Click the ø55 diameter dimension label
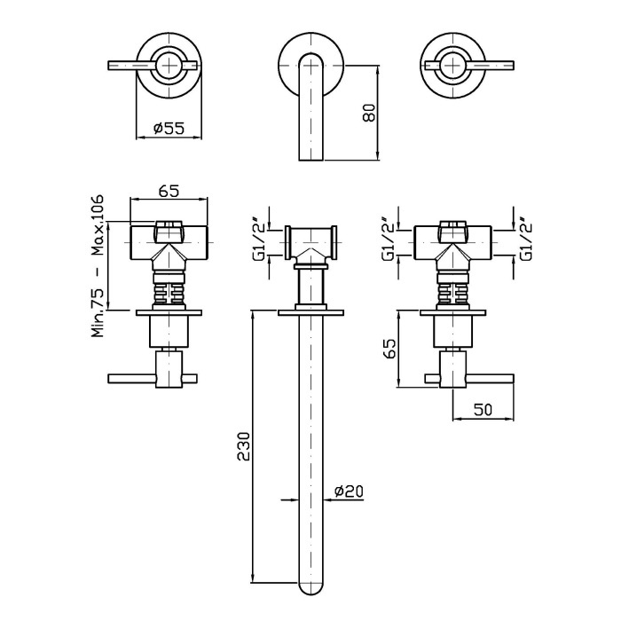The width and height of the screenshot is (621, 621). coord(169,128)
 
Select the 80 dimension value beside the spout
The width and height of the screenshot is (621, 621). coord(369,113)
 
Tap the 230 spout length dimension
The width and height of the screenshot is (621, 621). coord(244,446)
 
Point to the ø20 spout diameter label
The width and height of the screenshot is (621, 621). coord(349,491)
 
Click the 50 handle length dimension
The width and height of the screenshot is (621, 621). coord(483,410)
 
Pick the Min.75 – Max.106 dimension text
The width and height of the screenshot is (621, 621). coord(98,265)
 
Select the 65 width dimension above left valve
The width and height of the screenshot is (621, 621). coord(169,191)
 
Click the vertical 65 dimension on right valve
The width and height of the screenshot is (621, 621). coord(390,348)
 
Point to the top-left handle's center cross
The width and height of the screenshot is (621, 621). coord(169,66)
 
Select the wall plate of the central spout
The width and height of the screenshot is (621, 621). coord(310,313)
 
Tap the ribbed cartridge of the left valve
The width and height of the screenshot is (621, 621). coord(169,292)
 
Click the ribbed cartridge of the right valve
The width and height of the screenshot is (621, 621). coord(452,292)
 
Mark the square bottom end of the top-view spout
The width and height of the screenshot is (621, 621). coord(311,159)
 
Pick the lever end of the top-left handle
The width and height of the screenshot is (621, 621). coord(113,66)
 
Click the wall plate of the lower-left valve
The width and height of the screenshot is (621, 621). coord(169,312)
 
